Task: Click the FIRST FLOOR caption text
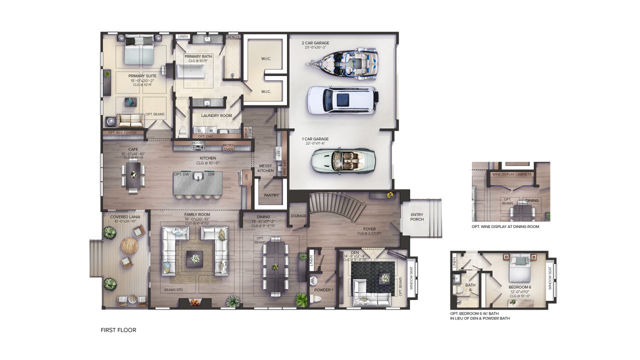[x=118, y=330]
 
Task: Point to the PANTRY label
[x=271, y=195]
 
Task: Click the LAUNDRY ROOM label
[x=216, y=115]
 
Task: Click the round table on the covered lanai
[x=129, y=245]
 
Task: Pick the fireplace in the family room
[x=193, y=302]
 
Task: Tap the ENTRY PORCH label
[x=417, y=217]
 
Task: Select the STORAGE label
[x=298, y=215]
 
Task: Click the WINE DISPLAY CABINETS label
[x=511, y=174]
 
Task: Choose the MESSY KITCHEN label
[x=265, y=168]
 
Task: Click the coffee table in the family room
[x=194, y=259]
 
